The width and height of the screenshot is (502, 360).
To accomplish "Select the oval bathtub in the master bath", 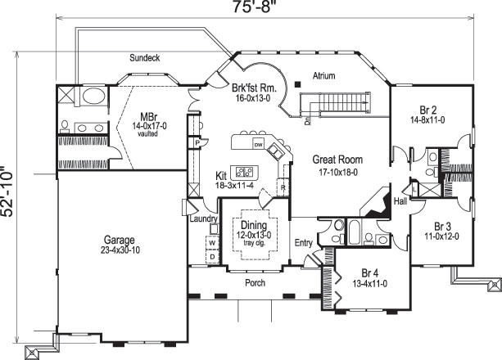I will (92, 98).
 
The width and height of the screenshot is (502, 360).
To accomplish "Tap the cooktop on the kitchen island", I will (246, 173).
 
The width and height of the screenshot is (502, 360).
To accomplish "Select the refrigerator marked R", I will (282, 187).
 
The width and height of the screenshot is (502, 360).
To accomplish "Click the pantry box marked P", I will (197, 142).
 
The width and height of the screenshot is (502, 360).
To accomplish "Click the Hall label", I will (400, 200).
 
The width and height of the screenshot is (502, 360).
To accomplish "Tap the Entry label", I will (304, 242).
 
